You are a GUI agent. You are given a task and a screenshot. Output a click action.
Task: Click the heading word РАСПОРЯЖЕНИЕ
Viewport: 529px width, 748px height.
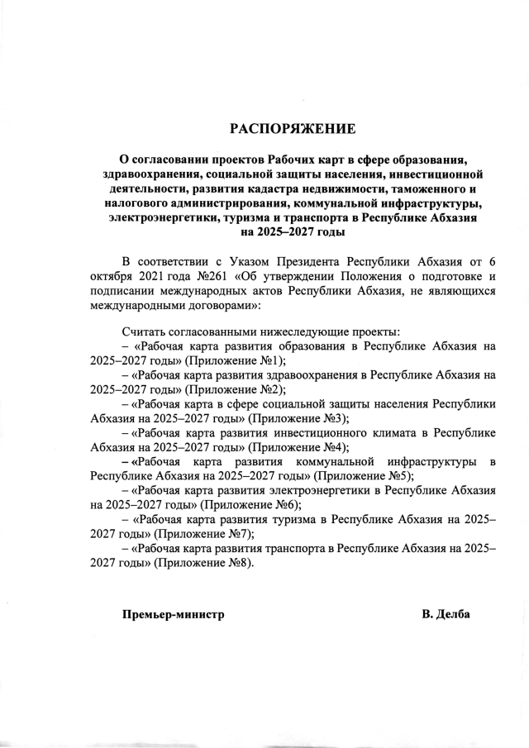tap(293, 129)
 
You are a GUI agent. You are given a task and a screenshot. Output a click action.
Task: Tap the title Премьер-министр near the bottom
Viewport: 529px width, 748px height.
tap(174, 615)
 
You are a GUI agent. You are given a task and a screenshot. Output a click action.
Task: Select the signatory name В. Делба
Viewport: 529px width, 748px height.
tap(446, 615)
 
